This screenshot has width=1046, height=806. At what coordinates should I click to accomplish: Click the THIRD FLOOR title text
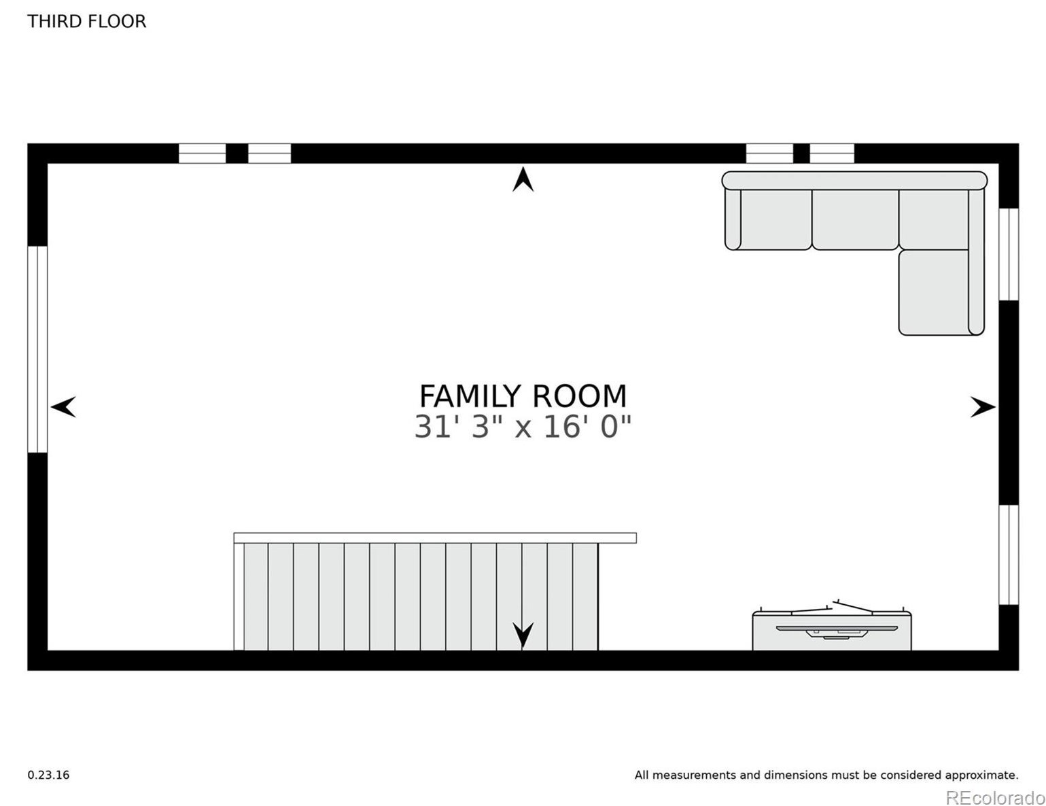point(86,21)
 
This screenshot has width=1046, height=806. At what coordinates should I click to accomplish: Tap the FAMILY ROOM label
point(522,396)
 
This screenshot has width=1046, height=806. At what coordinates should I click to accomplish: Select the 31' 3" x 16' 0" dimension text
point(522,427)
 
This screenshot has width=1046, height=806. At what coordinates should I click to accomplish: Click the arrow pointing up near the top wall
point(522,179)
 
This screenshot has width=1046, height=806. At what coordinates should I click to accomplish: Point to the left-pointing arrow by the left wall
point(63,407)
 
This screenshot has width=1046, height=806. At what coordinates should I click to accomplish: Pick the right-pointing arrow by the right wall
point(982,407)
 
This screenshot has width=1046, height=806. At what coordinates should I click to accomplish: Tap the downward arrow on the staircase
point(522,635)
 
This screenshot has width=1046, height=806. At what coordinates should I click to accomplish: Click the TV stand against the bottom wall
point(831,631)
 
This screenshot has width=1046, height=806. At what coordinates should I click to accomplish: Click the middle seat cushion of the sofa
point(855,220)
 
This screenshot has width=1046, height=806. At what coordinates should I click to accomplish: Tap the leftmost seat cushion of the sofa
point(775,220)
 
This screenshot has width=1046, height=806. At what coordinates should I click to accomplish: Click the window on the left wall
point(37,349)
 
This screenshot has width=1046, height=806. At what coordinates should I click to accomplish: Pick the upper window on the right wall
point(1009,254)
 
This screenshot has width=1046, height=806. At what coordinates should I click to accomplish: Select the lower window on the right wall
point(1009,555)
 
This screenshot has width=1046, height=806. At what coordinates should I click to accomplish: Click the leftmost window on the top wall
point(202,154)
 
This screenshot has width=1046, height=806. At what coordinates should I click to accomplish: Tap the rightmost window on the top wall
point(831,154)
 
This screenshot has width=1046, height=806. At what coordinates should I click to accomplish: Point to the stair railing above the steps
point(435,538)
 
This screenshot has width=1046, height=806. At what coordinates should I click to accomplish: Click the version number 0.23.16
point(48,775)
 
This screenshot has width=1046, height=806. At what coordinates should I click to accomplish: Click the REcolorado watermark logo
point(995,796)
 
